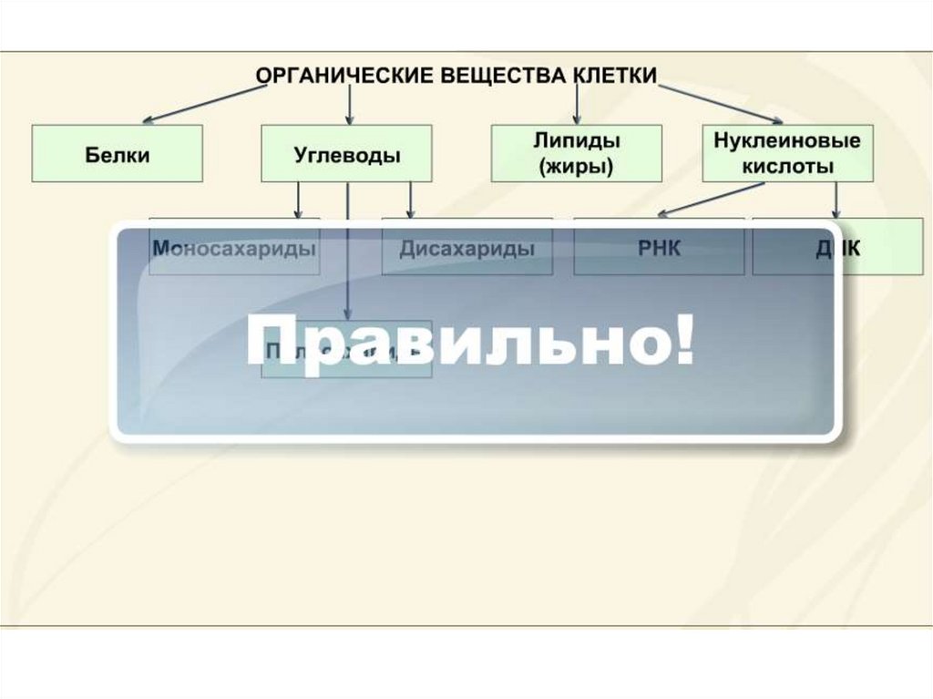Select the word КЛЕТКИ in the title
[614, 76]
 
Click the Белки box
[118, 154]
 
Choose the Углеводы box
[347, 154]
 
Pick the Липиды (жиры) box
[576, 153]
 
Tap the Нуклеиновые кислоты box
[788, 153]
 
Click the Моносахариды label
[235, 248]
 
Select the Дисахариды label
[467, 248]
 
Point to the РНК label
[659, 248]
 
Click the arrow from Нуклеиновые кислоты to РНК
[711, 200]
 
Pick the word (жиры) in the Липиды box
[576, 167]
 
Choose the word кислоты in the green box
[787, 167]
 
